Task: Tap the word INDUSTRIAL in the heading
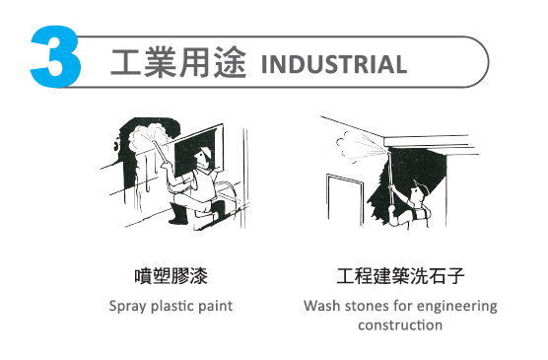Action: coord(334,65)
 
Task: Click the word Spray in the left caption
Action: coord(128,306)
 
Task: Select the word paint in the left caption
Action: coord(216,306)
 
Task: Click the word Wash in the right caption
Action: coord(321,306)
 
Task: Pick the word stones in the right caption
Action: coord(366,306)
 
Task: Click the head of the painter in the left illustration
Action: coord(203,154)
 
